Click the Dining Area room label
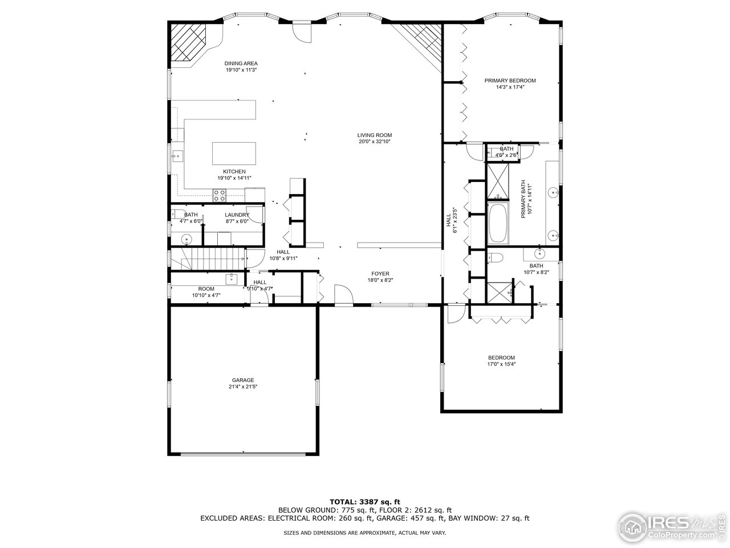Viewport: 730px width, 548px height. (241, 63)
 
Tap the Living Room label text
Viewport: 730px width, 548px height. (375, 135)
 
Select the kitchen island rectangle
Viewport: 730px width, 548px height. (234, 154)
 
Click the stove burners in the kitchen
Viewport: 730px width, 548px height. (220, 195)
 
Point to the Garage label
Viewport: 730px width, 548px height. (243, 380)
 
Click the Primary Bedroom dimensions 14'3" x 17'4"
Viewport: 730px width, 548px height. (510, 87)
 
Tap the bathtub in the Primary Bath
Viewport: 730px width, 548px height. (498, 223)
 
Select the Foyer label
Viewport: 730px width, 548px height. (380, 274)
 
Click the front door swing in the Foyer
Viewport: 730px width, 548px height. (343, 294)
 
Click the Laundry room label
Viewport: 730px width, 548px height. (237, 215)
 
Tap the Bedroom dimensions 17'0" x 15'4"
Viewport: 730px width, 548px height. (501, 364)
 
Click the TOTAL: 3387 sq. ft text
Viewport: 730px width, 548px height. (365, 502)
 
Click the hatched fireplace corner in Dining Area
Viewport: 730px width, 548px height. (188, 42)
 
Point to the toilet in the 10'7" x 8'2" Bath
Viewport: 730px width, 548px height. (495, 257)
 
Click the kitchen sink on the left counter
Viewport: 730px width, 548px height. (177, 156)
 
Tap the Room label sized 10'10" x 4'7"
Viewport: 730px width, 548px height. (206, 289)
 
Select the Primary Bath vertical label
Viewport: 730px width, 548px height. (524, 199)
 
